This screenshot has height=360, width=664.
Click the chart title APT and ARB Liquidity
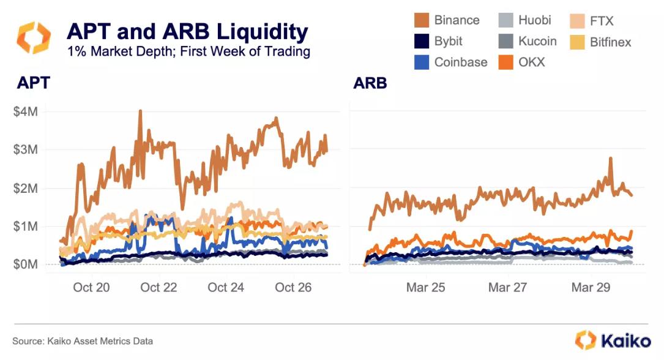point(187,31)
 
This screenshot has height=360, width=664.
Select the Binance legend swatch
point(421,20)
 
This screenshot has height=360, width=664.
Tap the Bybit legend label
point(448,41)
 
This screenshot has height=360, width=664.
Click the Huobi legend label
point(534,20)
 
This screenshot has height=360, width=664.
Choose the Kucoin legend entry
point(537,41)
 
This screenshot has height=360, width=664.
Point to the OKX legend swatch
point(505,62)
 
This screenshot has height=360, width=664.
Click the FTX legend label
point(602,21)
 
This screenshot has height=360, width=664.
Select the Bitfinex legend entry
point(610,42)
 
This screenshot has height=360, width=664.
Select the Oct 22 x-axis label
point(159,287)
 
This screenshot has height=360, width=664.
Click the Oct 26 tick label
point(294,287)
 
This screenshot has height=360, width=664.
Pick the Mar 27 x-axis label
point(508,287)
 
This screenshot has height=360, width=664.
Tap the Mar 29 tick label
point(591,287)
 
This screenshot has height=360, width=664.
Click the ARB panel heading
point(370,83)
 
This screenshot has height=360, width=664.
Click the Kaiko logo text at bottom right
point(623,340)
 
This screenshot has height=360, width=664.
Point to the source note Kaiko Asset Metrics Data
point(83,341)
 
